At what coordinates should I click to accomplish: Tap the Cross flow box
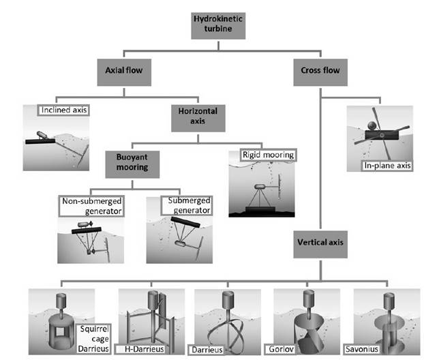click(x=319, y=70)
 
